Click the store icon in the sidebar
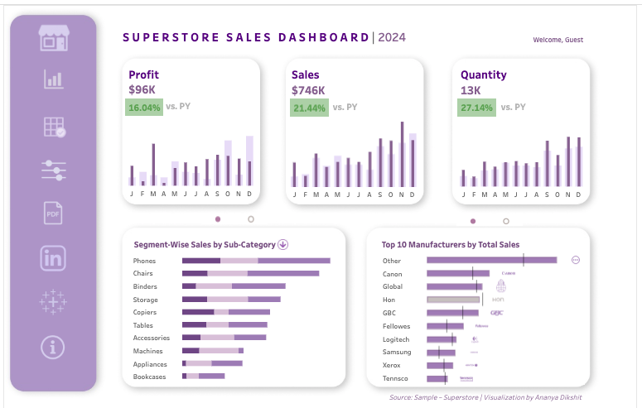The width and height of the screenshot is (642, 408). pos(53,37)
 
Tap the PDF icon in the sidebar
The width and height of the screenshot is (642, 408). pos(53,213)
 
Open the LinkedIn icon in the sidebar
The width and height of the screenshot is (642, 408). pos(53,257)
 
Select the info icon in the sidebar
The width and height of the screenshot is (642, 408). pos(53,347)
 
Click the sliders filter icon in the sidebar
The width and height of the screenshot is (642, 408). pos(53,170)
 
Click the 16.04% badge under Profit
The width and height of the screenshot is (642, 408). pos(144,107)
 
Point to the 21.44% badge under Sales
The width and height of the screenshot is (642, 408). pos(310,108)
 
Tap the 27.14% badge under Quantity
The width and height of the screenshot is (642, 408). pos(476,108)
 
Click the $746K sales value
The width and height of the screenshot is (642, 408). pos(305,89)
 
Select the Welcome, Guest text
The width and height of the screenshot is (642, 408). pos(558,40)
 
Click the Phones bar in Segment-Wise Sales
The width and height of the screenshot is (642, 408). pos(256,261)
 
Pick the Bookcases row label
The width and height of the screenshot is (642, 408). pos(150,377)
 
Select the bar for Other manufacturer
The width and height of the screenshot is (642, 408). pos(491,260)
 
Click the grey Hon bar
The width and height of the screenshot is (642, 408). pos(453,300)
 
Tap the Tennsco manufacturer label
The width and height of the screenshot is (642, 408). pos(396,378)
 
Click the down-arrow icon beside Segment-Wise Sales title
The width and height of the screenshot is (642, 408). pos(282,244)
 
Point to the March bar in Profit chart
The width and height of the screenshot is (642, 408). pos(153,165)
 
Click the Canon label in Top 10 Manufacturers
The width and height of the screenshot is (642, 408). pos(393,273)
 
